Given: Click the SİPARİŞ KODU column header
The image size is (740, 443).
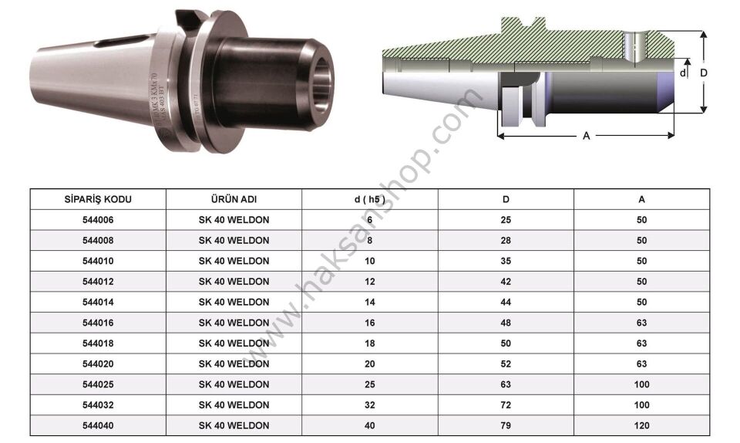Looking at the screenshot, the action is (98, 199).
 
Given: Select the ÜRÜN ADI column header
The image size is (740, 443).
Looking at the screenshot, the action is (234, 199).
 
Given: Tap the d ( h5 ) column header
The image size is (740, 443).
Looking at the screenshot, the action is (369, 199).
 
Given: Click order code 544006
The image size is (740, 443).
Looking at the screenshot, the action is (98, 220).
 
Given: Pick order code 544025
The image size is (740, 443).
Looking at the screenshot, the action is (98, 384).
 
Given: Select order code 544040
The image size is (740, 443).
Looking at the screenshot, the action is (98, 425).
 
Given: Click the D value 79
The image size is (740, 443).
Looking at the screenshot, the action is (506, 425).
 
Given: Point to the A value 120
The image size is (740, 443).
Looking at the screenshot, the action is (641, 425).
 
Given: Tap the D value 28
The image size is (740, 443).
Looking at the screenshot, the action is (506, 240).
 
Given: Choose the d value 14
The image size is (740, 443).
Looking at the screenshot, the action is (369, 303).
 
